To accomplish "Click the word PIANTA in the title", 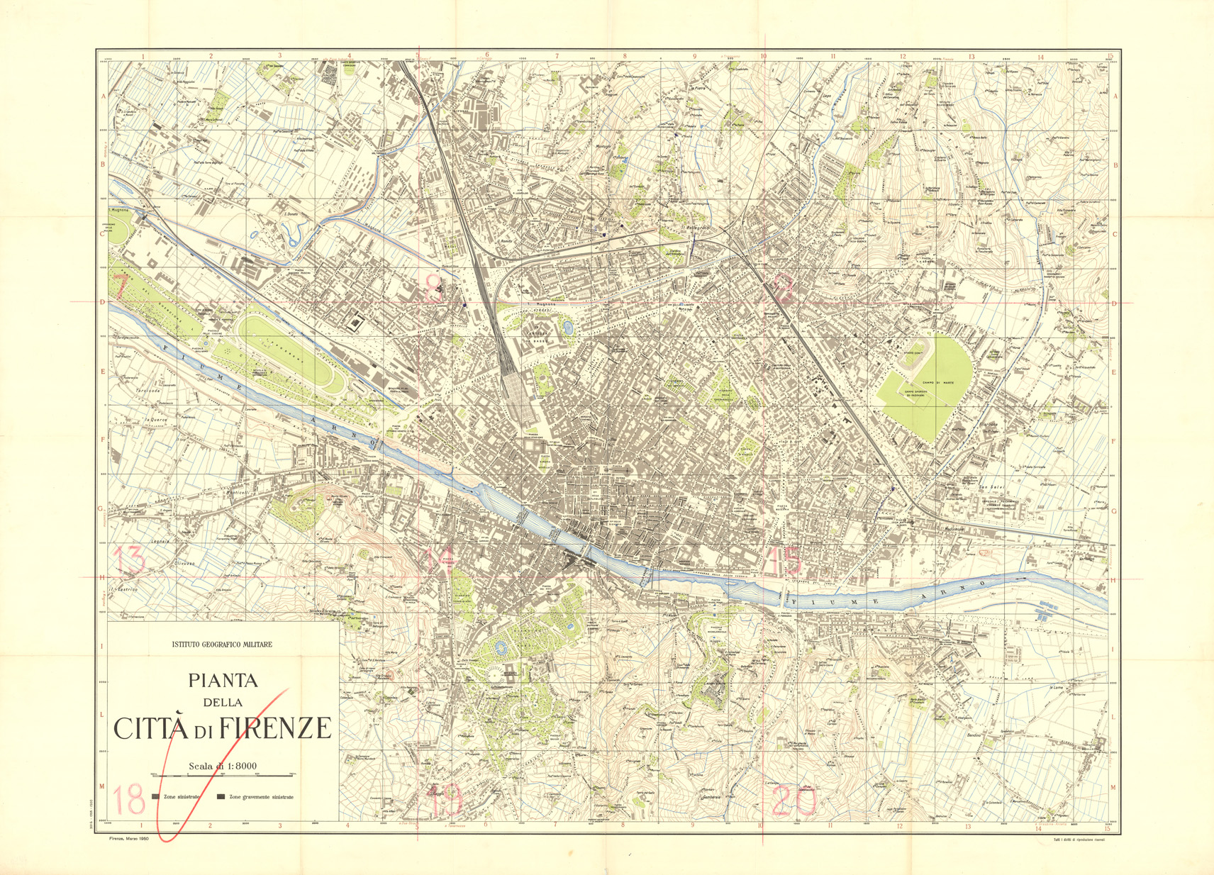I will [222, 681].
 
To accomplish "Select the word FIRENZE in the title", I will [274, 728].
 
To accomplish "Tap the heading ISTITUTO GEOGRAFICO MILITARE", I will [222, 645].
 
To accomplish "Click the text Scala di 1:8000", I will [222, 766].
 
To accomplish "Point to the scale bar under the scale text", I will [222, 776].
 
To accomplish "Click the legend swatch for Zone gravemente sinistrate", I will [221, 797].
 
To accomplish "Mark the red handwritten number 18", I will [129, 800].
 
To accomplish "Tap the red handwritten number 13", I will [131, 560].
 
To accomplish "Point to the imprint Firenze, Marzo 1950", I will [127, 838].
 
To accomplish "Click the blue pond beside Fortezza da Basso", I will [567, 328].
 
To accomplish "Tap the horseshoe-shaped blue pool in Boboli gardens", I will [502, 648].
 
